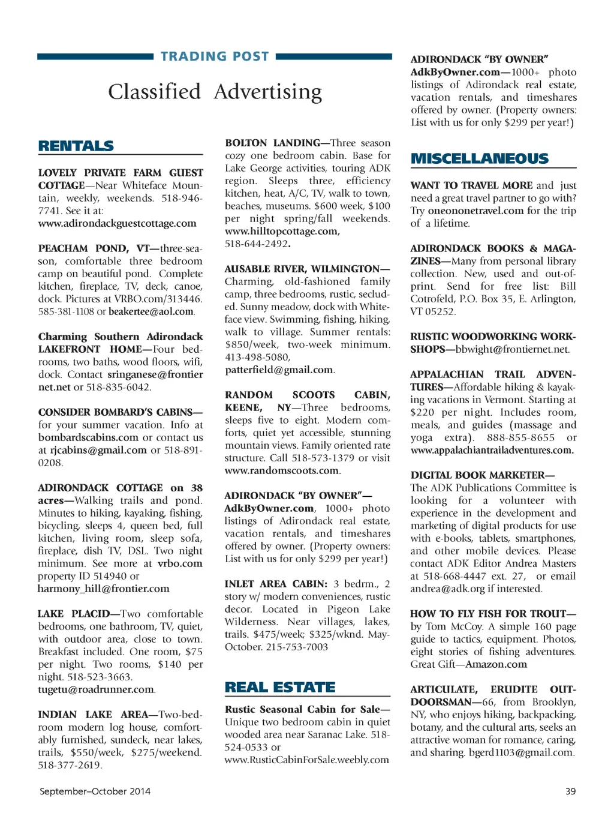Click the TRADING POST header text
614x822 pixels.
tap(215, 56)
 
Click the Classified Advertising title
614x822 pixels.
tap(215, 92)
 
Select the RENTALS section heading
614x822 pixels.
tap(76, 146)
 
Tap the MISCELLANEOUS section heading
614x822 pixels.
tap(480, 158)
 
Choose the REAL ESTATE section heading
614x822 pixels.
tap(280, 687)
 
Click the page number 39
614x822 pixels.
tap(570, 791)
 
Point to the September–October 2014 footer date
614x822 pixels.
tap(95, 791)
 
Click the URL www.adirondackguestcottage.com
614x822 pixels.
tap(118, 223)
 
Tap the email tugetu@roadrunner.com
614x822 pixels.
tap(96, 689)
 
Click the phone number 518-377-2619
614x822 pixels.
tap(70, 765)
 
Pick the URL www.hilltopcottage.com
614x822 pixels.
tap(282, 231)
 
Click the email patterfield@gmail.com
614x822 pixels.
tap(279, 370)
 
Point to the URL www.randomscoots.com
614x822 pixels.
tap(282, 470)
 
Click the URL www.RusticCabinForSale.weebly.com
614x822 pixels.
tap(307, 760)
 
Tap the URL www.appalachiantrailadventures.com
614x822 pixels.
tap(492, 450)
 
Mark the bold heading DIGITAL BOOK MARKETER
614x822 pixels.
tap(481, 475)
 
